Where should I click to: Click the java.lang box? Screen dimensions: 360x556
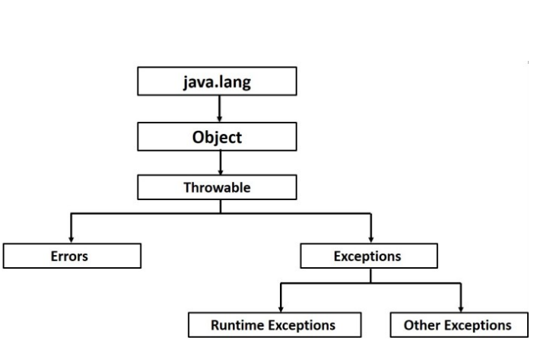coord(220,83)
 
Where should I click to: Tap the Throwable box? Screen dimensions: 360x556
coord(220,188)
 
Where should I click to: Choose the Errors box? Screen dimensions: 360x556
coord(71,256)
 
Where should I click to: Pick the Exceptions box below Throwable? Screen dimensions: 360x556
coord(368,256)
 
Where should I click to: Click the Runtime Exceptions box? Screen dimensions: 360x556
coord(272,324)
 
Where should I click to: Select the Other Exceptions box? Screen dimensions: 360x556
coord(458,324)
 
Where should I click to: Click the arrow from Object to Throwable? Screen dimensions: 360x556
coord(220,162)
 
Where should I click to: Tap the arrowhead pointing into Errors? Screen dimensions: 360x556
coord(71,239)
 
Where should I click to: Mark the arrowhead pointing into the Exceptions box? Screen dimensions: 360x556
coord(370,239)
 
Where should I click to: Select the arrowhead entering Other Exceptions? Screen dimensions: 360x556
coord(461,307)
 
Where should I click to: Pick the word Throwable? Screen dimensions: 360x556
coord(220,188)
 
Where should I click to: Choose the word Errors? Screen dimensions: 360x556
coord(70,256)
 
